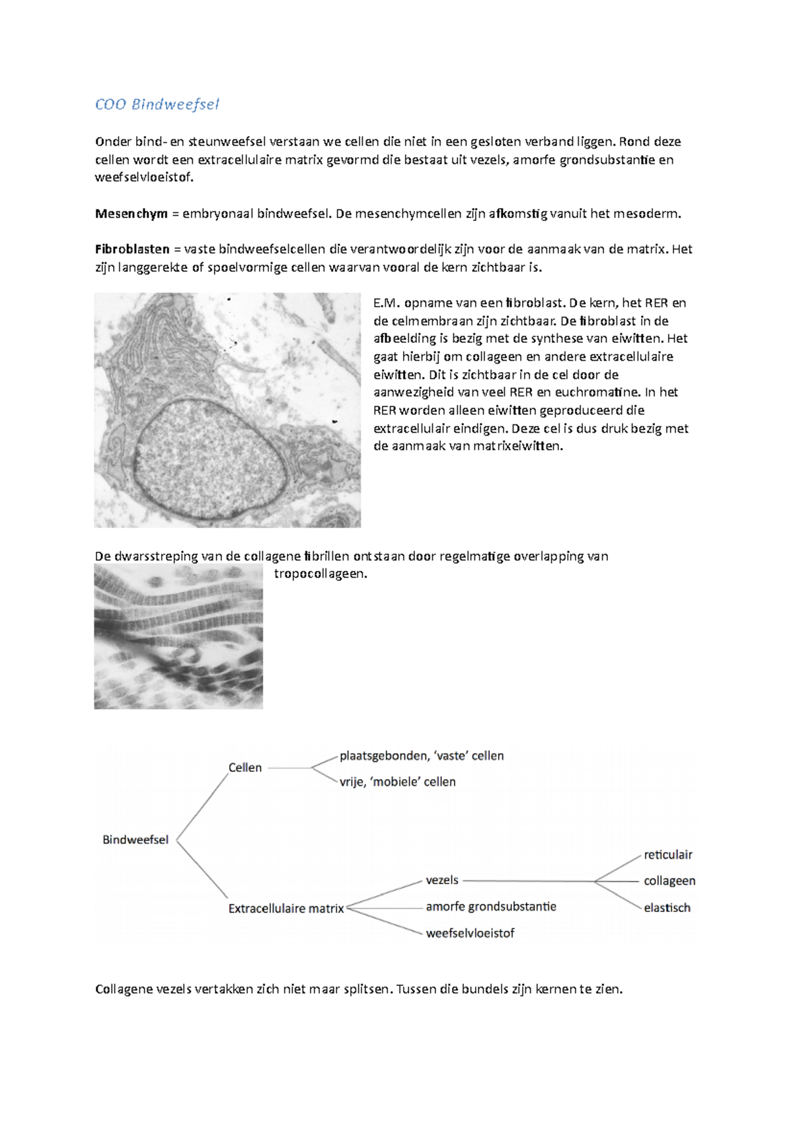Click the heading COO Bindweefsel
pyautogui.click(x=157, y=104)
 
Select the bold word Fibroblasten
pyautogui.click(x=133, y=249)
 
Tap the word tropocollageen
pyautogui.click(x=320, y=574)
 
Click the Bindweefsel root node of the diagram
pyautogui.click(x=135, y=840)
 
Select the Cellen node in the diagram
pyautogui.click(x=245, y=768)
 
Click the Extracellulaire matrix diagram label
pyautogui.click(x=286, y=909)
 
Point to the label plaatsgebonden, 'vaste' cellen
pyautogui.click(x=422, y=756)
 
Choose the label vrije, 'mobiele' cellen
pyautogui.click(x=398, y=782)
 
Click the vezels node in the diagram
pyautogui.click(x=442, y=880)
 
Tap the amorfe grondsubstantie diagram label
pyautogui.click(x=491, y=907)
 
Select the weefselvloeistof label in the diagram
pyautogui.click(x=470, y=933)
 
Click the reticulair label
pyautogui.click(x=668, y=855)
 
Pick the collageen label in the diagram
pyautogui.click(x=669, y=881)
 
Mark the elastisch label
pyautogui.click(x=667, y=908)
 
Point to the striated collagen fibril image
pyautogui.click(x=178, y=636)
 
